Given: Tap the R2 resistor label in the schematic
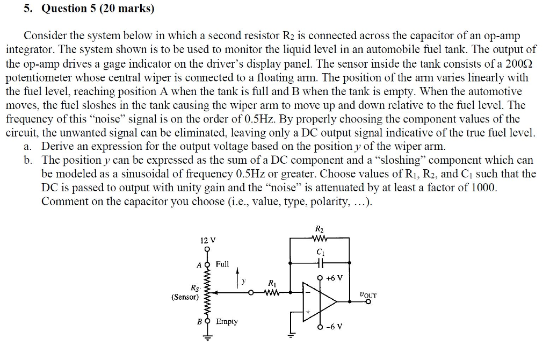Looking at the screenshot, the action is (320, 232).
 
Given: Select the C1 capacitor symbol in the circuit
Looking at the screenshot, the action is (321, 263).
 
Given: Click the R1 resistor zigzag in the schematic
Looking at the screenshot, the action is (273, 293).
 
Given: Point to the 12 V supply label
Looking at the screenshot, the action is (207, 240).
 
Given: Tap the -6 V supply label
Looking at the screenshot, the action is (333, 327).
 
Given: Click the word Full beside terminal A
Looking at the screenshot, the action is (222, 264).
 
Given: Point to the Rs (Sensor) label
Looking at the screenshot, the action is (185, 292).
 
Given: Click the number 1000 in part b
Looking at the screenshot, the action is (485, 188).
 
